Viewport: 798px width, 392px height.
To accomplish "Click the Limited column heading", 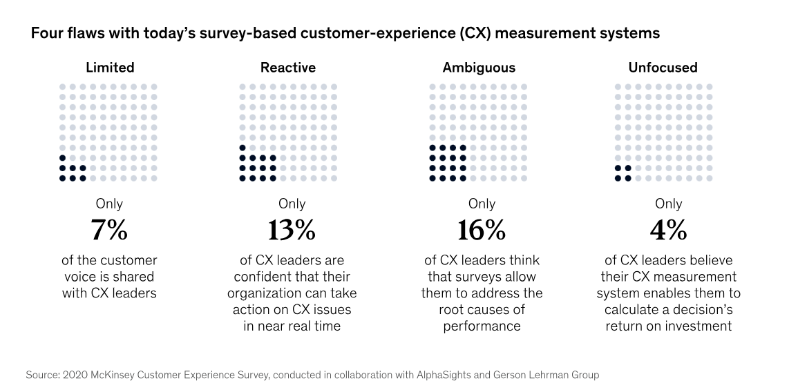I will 110,68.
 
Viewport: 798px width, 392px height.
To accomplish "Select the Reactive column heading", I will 288,68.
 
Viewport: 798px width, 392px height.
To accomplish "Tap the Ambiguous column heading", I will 479,68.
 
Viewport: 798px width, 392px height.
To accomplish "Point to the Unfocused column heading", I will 663,68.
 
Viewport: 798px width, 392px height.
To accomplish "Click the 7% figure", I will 109,231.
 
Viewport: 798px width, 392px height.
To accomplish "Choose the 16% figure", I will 482,231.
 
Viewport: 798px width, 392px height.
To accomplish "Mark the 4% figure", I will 668,231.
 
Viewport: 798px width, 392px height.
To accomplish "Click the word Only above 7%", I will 110,204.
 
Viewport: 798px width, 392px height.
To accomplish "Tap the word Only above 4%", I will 668,204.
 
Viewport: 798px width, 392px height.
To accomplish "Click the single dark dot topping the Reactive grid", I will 243,148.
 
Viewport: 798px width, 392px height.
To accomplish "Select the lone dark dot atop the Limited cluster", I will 63,158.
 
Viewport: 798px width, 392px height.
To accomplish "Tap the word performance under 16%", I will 482,326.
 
